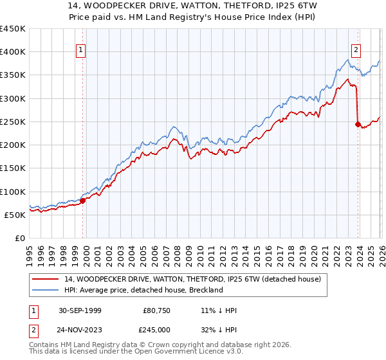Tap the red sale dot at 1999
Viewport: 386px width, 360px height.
(x=83, y=201)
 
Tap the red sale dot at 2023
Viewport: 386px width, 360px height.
(x=358, y=124)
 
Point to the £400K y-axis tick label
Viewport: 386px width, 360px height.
(x=13, y=52)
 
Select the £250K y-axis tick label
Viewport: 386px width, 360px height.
(x=13, y=122)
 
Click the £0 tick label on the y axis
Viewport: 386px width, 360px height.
(x=19, y=238)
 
